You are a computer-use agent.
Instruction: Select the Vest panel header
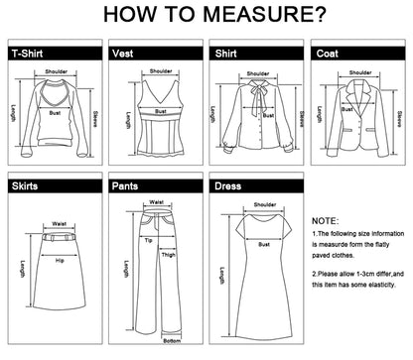[x=123, y=54]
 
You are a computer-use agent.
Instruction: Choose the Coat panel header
[x=328, y=54]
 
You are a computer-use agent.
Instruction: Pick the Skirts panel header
[x=25, y=185]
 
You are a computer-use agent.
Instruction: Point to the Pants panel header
[x=126, y=185]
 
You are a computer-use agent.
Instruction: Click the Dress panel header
[x=227, y=185]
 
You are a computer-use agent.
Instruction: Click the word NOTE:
[x=325, y=220]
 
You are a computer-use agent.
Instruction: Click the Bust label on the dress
[x=264, y=243]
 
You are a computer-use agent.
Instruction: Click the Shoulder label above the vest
[x=159, y=71]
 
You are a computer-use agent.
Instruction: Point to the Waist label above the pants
[x=156, y=201]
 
